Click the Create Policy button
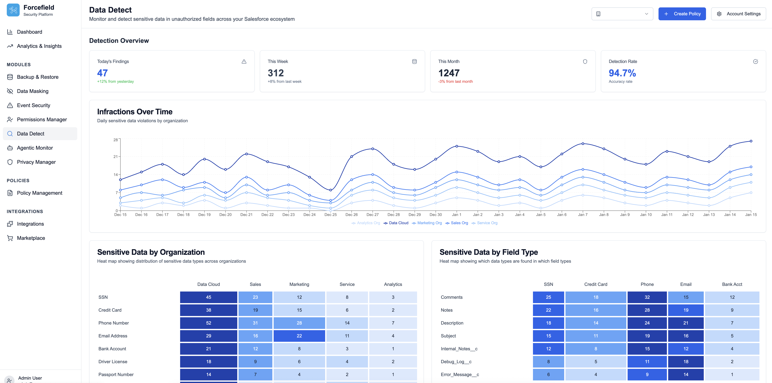[x=682, y=14]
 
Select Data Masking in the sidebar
[x=33, y=91]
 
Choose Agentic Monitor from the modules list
[x=35, y=148]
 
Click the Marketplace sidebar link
[x=31, y=238]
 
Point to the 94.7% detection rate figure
[x=622, y=73]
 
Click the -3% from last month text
[x=455, y=82]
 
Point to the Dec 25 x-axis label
[x=331, y=215]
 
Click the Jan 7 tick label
[x=583, y=215]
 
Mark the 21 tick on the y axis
[x=115, y=157]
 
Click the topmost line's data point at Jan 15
[x=751, y=141]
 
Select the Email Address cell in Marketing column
[x=299, y=336]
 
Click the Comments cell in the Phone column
[x=647, y=297]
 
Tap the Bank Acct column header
[x=732, y=284]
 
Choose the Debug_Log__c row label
[x=456, y=362]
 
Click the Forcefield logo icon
[x=13, y=10]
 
